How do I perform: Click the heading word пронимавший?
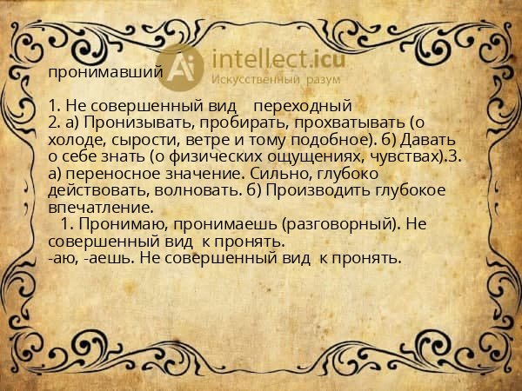105,73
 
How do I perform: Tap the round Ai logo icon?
185,68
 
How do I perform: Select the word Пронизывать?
133,123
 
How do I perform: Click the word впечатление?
101,207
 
